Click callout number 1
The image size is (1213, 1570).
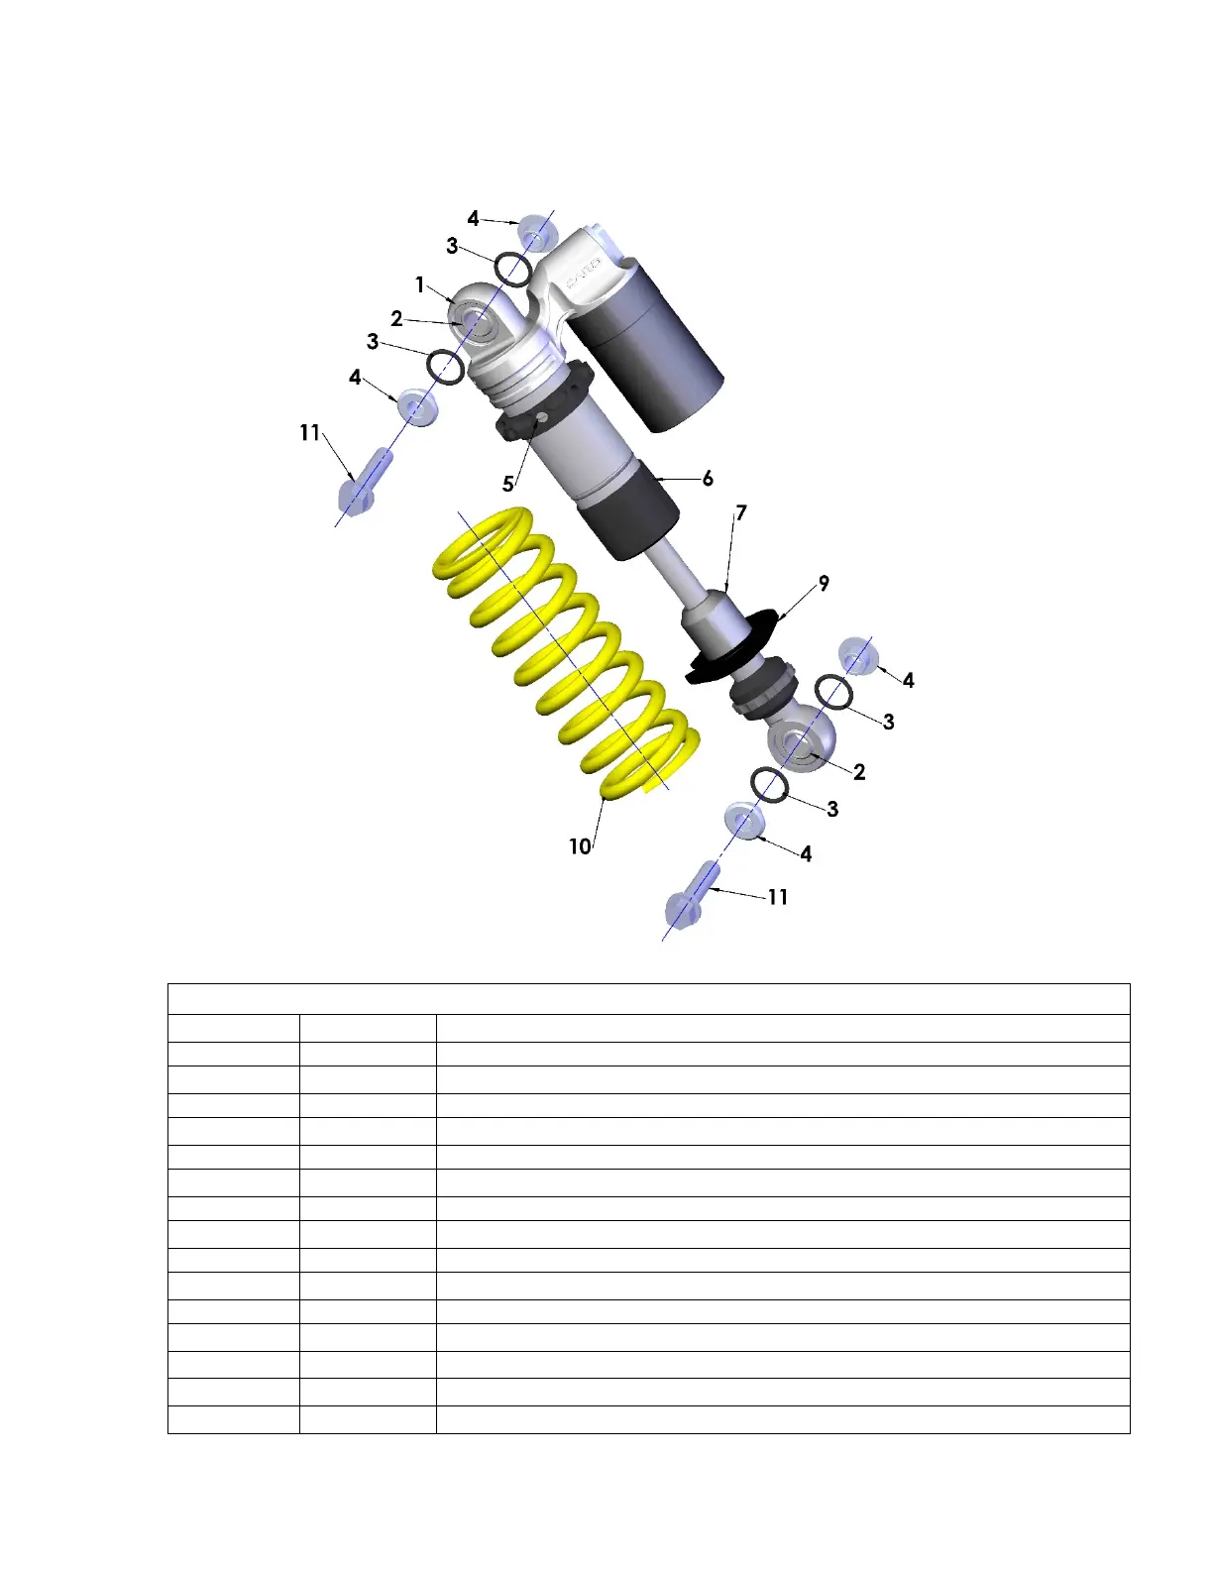pyautogui.click(x=420, y=284)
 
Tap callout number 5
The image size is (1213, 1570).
pyautogui.click(x=507, y=484)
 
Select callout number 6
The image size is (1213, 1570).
pyautogui.click(x=708, y=479)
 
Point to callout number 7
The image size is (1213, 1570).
pyautogui.click(x=741, y=513)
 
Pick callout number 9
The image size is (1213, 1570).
pyautogui.click(x=824, y=583)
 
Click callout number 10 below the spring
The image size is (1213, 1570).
pyautogui.click(x=580, y=846)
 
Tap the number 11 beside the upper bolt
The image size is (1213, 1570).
pyautogui.click(x=310, y=433)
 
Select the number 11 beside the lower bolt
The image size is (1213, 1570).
pyautogui.click(x=777, y=897)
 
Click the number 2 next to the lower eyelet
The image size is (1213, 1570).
pyautogui.click(x=859, y=772)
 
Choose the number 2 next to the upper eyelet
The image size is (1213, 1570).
pyautogui.click(x=396, y=318)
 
